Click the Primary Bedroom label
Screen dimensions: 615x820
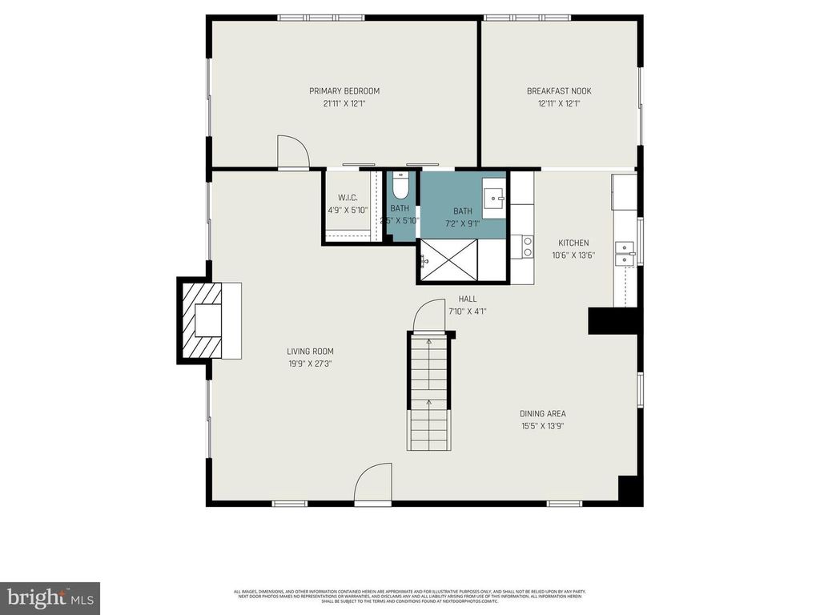(344, 91)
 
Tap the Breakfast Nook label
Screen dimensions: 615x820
(559, 91)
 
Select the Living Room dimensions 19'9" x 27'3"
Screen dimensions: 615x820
(310, 363)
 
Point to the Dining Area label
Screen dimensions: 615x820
(543, 414)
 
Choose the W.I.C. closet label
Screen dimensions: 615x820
(348, 198)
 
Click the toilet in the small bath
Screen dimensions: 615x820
(401, 186)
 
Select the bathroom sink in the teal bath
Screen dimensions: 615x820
(493, 195)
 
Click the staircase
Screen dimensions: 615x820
(429, 392)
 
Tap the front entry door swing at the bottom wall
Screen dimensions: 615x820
(373, 484)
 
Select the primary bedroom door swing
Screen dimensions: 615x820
(291, 151)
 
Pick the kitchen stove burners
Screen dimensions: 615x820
(527, 246)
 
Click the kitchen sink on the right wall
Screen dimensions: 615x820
(624, 255)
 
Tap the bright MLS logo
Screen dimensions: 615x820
(50, 597)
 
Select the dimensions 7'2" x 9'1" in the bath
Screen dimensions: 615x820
(463, 223)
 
